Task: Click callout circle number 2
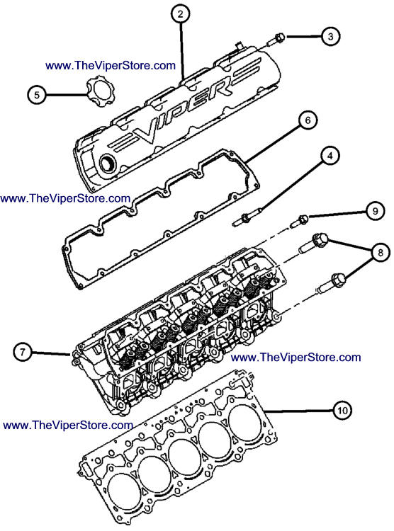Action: click(x=181, y=14)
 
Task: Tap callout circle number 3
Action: click(x=331, y=36)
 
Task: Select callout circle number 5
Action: click(x=37, y=94)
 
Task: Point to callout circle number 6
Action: click(x=308, y=120)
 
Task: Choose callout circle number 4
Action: click(x=330, y=156)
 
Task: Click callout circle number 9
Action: click(x=375, y=211)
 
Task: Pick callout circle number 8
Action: click(x=380, y=252)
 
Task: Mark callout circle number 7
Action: click(x=23, y=352)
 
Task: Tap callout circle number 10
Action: click(x=342, y=411)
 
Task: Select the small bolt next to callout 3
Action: click(x=276, y=39)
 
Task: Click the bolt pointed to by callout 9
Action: click(x=300, y=221)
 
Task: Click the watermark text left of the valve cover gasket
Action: click(x=65, y=198)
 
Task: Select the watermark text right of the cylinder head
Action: click(x=295, y=358)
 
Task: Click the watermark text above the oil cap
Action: click(x=111, y=65)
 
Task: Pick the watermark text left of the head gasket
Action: click(x=68, y=426)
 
